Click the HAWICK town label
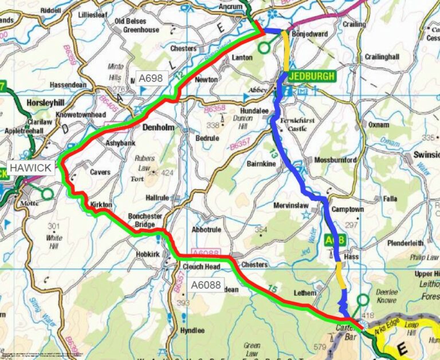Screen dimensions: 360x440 (x=28, y=168)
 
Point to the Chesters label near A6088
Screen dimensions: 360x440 (x=254, y=265)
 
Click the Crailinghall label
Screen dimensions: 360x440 (x=382, y=58)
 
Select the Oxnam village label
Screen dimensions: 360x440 (x=379, y=124)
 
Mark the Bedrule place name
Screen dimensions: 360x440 (x=208, y=139)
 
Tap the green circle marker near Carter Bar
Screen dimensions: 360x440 (x=362, y=299)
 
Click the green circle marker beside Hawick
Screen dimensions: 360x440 (x=47, y=194)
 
